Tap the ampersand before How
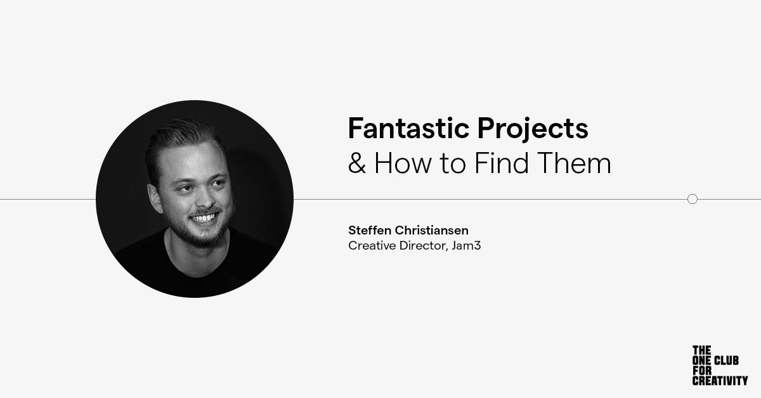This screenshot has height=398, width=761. coord(357,164)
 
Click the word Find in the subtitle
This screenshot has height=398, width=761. coord(497,164)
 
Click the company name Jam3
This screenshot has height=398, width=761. coord(466,245)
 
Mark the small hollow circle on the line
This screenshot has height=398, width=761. coord(693,199)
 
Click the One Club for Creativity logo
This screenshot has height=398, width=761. coord(719,366)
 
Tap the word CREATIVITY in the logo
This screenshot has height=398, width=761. coord(720,381)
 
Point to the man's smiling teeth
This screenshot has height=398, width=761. coord(204,217)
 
